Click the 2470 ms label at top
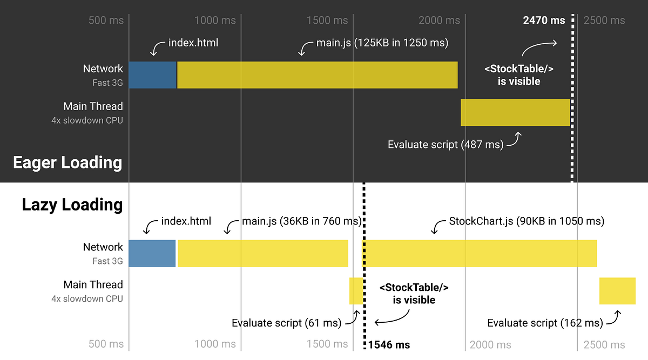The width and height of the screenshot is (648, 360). (544, 21)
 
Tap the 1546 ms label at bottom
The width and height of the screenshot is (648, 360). (389, 345)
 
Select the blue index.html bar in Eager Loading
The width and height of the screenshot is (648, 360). (152, 75)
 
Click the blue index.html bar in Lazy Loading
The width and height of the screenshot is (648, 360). (152, 253)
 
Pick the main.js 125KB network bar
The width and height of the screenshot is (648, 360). (317, 75)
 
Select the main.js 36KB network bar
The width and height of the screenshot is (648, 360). (262, 253)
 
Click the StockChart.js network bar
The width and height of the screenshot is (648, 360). (480, 253)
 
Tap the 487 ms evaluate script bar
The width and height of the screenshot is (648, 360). (515, 112)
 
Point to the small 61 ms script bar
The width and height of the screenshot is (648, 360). (356, 291)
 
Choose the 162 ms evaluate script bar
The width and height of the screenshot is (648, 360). (617, 291)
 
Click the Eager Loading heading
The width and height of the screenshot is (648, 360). (67, 162)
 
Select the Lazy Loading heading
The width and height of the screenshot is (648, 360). (72, 205)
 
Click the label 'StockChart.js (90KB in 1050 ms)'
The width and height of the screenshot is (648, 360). (526, 221)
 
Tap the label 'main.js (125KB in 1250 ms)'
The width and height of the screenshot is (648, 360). (382, 43)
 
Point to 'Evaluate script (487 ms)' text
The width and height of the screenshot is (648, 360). (446, 145)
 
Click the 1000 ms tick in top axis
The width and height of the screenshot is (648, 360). (215, 21)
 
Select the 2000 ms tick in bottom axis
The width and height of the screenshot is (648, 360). (490, 345)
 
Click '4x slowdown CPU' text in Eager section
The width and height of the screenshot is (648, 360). (87, 120)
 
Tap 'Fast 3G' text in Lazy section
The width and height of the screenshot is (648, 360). (107, 261)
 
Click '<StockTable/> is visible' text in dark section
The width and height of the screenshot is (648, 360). (519, 75)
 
